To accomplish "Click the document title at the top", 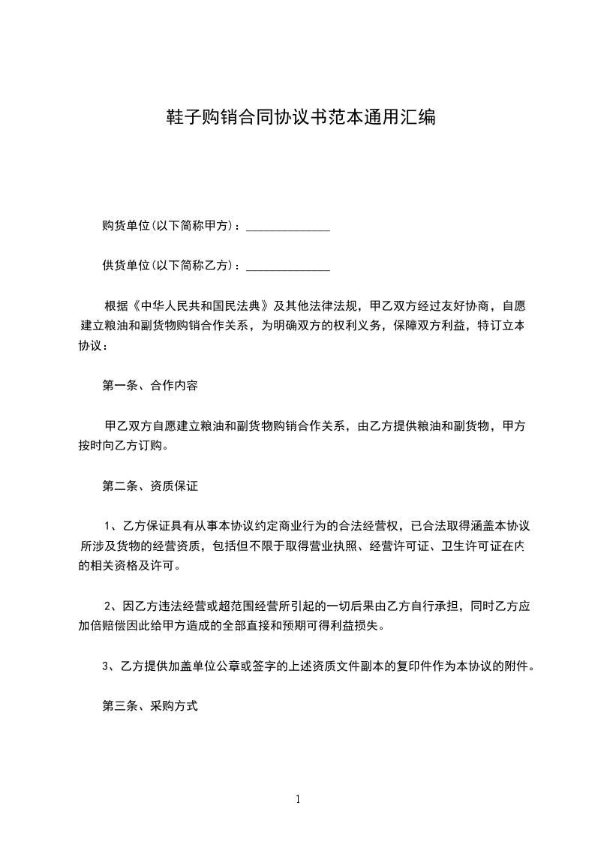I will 300,118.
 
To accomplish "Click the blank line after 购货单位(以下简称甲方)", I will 288,226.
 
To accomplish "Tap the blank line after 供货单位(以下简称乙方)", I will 288,266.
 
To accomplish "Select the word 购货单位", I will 126,226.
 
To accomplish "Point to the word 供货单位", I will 126,266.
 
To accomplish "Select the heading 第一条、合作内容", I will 150,386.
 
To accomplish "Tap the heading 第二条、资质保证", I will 150,486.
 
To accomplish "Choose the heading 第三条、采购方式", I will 150,706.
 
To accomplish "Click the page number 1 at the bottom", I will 298,800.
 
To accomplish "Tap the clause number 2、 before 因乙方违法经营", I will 111,606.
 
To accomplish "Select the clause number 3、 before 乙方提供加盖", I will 109,666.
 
